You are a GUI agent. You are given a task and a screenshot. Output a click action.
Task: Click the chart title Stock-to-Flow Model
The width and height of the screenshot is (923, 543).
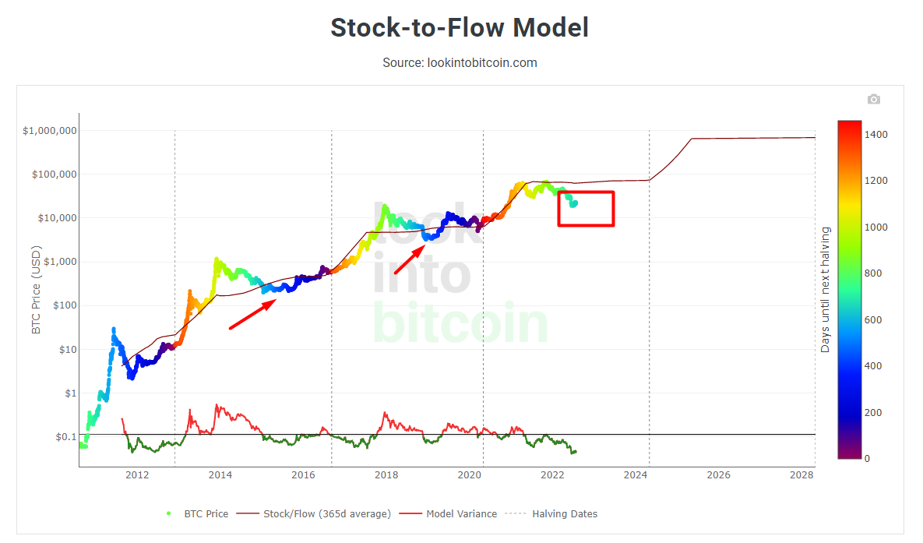coord(460,27)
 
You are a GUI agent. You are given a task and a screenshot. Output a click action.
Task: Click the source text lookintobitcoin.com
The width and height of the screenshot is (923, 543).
coord(460,62)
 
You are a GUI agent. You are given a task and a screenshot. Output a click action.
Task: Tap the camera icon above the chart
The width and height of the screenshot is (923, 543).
coord(874,99)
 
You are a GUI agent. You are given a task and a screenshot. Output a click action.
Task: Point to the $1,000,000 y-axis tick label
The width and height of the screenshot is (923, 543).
coord(50,131)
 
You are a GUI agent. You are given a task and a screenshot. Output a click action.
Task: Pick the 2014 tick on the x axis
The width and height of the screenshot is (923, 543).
coord(220,474)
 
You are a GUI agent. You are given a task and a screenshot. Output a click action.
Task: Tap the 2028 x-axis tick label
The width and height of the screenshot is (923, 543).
coord(801,474)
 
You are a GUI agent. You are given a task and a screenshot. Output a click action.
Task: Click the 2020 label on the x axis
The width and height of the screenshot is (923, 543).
coord(469,474)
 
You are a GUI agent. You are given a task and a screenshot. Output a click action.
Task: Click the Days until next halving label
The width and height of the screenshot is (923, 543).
coord(826,290)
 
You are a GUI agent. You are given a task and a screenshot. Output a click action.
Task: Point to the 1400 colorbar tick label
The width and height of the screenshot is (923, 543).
coord(876,135)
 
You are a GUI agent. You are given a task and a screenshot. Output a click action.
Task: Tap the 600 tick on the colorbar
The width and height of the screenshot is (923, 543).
coord(873,319)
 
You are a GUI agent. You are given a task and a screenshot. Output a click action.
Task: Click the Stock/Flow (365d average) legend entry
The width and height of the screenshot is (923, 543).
coord(326,514)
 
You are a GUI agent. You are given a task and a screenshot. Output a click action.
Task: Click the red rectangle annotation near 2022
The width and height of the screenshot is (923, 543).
coord(587,208)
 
